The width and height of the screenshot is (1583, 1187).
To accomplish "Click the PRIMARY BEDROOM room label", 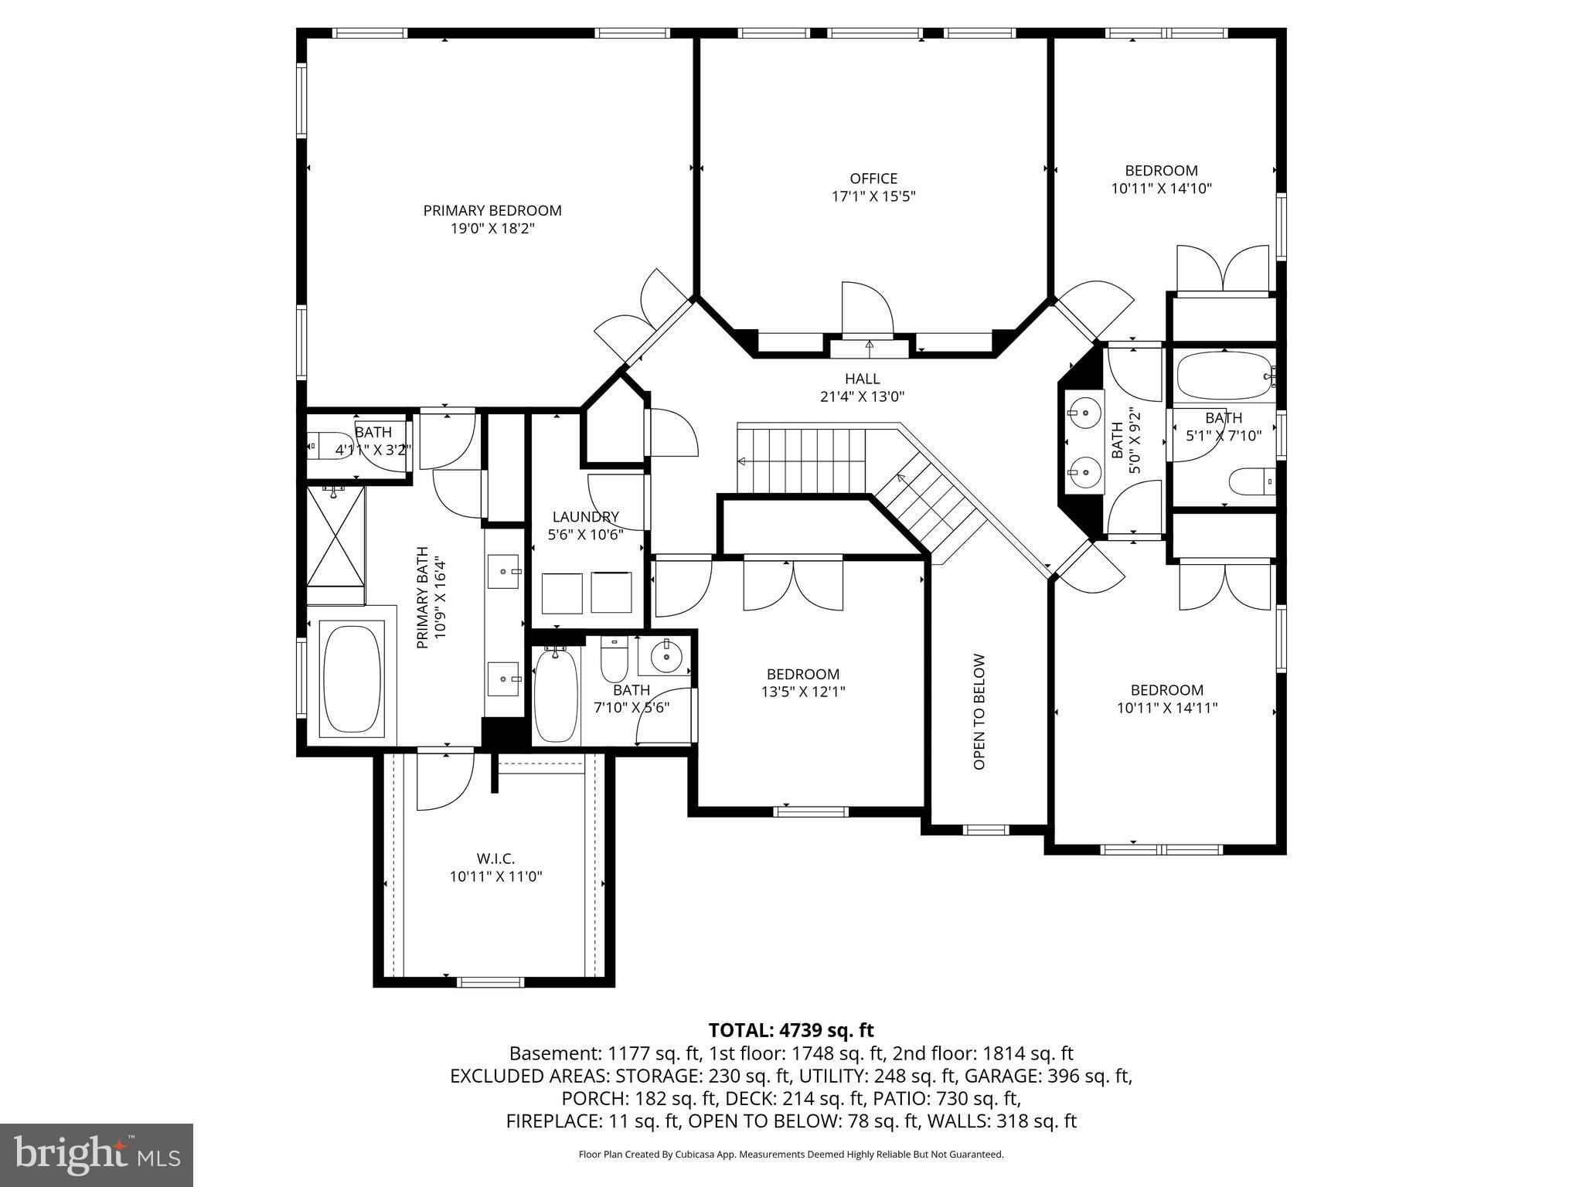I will pos(492,210).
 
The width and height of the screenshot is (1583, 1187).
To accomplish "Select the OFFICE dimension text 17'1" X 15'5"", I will pos(873,196).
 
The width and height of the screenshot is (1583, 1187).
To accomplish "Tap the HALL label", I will pos(862,379).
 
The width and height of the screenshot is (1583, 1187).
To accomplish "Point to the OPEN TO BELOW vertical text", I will pos(979,712).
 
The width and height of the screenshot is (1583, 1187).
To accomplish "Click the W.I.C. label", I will pos(495,859).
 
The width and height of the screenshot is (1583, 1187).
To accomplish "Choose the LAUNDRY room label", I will pos(585,517).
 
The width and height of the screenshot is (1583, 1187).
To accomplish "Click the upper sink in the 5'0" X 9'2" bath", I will pos(1085,413).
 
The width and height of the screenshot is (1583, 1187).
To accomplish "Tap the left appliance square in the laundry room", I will pos(562,593).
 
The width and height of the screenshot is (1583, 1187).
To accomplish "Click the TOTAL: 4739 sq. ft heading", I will pos(791,1030).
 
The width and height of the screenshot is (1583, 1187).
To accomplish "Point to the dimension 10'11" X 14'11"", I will pos(1167,707).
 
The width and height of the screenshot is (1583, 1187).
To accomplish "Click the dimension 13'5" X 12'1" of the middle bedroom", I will pos(803,692).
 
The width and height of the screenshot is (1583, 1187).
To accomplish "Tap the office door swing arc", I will pos(867,309).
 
